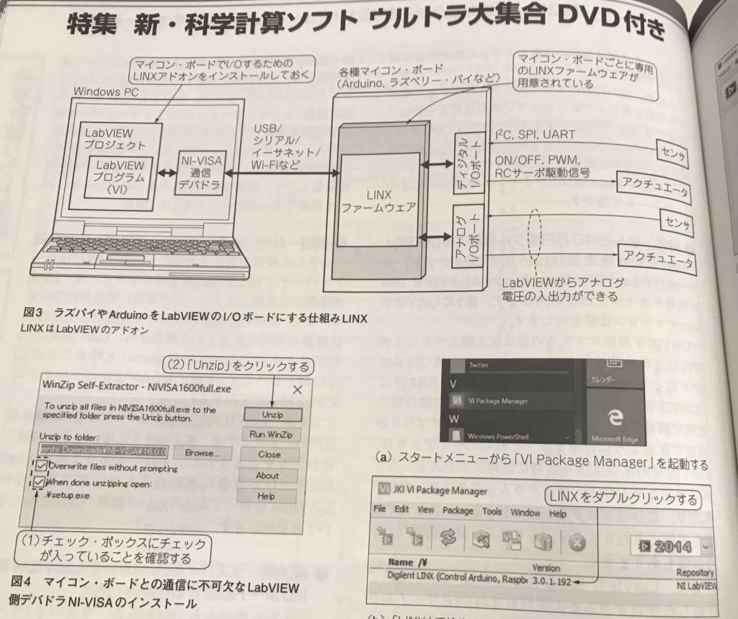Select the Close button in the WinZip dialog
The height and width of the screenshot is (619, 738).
point(269,455)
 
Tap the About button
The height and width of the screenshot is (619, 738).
point(267,476)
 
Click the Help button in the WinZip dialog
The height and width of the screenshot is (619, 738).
point(266,496)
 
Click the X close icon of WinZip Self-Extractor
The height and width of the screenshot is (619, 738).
point(297,389)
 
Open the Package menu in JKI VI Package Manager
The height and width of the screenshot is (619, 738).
point(458,511)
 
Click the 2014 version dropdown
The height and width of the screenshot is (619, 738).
point(671,547)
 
